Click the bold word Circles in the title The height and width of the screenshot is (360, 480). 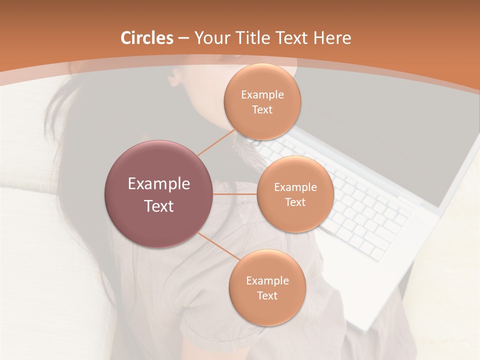click(146, 38)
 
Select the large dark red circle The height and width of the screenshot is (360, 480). click(158, 194)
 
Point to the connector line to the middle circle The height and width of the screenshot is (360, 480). click(234, 194)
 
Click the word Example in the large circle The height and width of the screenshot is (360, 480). click(158, 183)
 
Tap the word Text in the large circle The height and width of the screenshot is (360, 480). click(158, 206)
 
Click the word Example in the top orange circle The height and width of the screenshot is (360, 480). click(262, 94)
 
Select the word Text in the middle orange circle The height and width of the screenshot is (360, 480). click(295, 202)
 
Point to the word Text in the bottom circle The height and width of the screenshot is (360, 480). click(267, 295)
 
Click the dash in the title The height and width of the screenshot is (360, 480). click(183, 38)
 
